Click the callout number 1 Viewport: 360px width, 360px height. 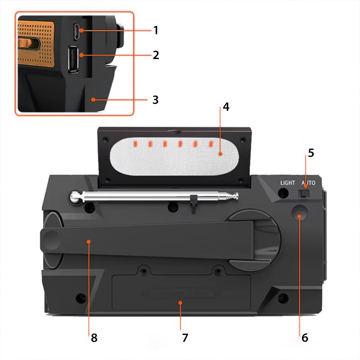click(x=156, y=30)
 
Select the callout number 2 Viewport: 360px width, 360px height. click(x=156, y=55)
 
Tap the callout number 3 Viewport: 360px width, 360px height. click(x=156, y=100)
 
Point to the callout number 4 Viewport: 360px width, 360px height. click(x=226, y=107)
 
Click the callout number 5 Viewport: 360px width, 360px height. click(x=311, y=153)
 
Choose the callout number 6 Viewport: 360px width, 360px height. click(x=305, y=338)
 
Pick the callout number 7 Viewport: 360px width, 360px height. click(x=185, y=338)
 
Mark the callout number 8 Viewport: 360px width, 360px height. click(x=94, y=338)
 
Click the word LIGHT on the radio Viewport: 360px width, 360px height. click(x=288, y=183)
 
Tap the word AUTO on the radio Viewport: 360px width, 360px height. click(x=308, y=183)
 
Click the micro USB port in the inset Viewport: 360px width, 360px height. click(x=77, y=31)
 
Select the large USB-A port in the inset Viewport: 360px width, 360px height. click(x=73, y=59)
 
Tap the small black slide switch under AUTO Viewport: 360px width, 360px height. click(x=304, y=193)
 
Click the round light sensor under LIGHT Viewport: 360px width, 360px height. click(x=283, y=193)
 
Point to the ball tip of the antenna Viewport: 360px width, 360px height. click(x=75, y=197)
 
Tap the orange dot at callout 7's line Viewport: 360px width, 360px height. click(x=180, y=303)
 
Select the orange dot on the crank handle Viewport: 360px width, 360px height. click(x=89, y=242)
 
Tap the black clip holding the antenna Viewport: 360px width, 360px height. click(x=194, y=204)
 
